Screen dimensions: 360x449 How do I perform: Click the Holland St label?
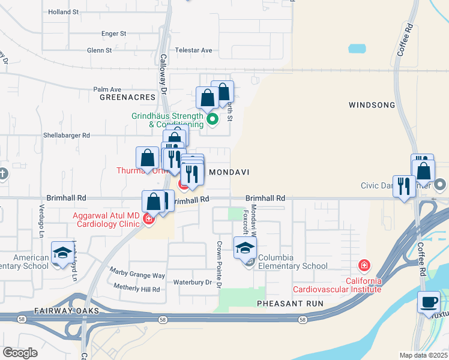(64, 11)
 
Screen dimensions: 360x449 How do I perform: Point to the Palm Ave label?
(107, 89)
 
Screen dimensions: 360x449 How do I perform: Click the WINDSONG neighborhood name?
(372, 105)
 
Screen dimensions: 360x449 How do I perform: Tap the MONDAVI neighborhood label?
(228, 172)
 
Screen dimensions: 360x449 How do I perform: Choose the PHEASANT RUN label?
(290, 304)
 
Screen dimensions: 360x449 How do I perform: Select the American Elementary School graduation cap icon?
(62, 253)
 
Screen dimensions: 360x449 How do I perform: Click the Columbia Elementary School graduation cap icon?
(246, 248)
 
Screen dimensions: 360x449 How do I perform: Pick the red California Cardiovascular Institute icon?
(364, 265)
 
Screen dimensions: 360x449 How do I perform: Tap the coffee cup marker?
(429, 302)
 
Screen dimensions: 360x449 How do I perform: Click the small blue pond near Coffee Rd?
(357, 49)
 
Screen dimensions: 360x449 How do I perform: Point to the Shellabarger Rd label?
(66, 136)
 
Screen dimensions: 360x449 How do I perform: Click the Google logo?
(20, 353)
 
